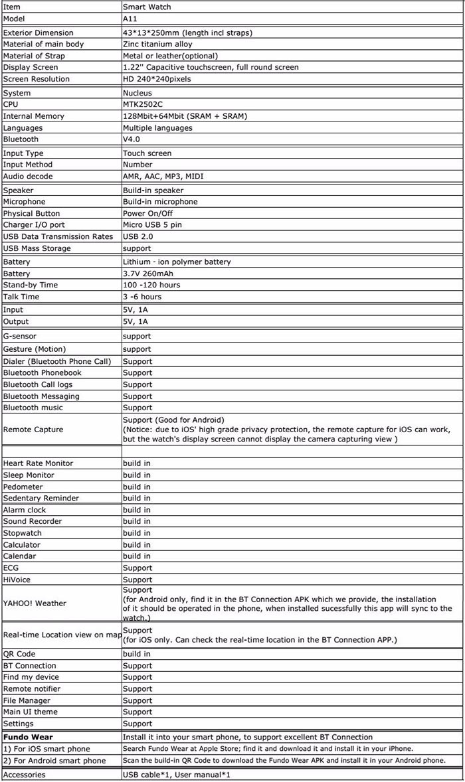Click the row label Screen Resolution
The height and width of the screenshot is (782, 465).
coord(36,79)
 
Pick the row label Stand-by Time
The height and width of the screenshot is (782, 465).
coord(30,285)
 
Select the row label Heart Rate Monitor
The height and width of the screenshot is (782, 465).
coord(38,463)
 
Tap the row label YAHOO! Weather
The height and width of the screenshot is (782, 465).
coord(35,603)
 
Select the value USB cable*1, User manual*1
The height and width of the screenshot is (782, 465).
coord(176,775)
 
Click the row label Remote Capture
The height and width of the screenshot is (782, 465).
coord(33,430)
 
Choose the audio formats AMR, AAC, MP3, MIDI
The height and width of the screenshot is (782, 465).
coord(163,176)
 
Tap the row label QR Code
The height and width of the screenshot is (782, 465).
coord(21,654)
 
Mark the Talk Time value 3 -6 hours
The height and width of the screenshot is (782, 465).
coord(142,297)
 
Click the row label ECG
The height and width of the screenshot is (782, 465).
coord(11,568)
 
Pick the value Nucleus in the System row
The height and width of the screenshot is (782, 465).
coord(137,93)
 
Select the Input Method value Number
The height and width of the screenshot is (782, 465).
coord(138,165)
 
